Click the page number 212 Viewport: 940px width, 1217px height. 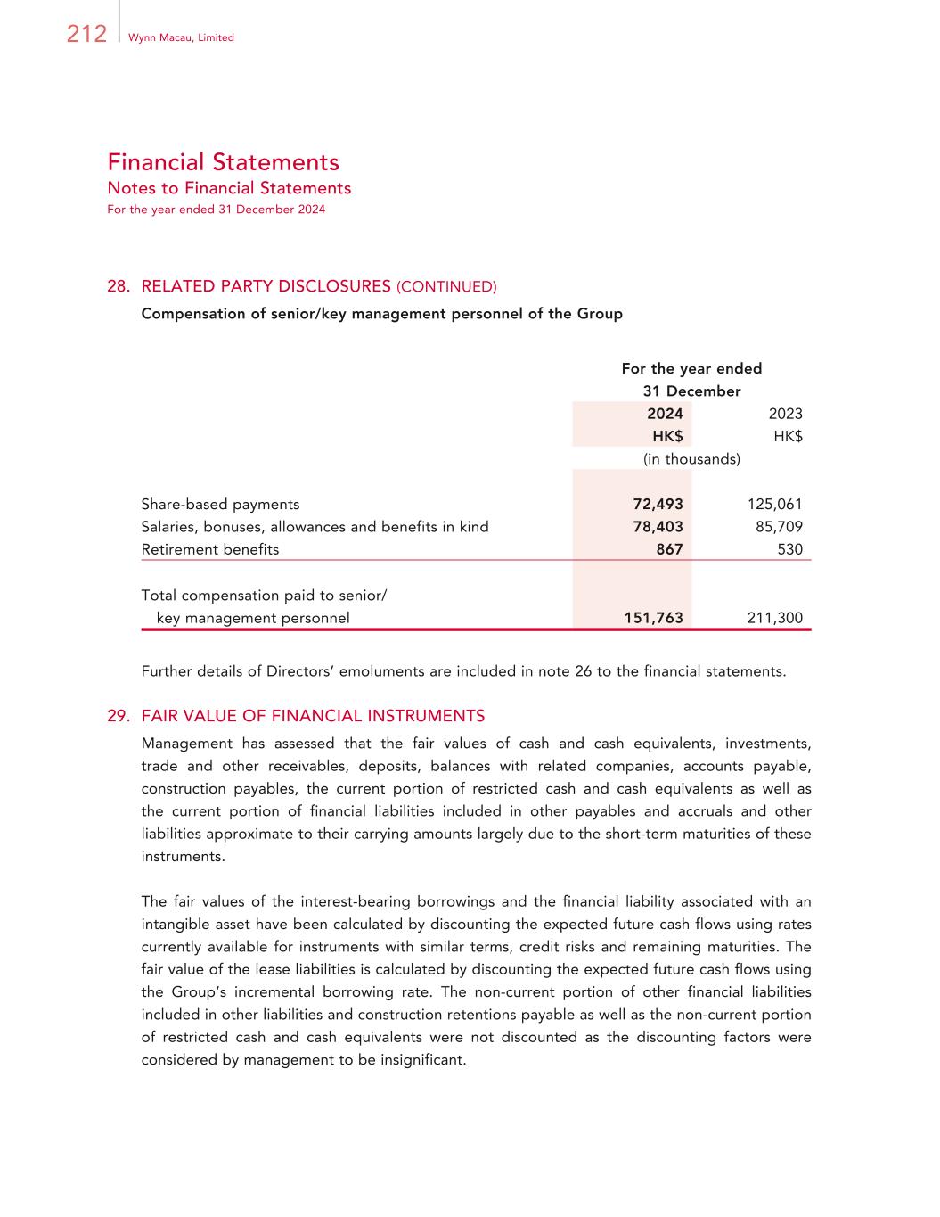click(x=86, y=34)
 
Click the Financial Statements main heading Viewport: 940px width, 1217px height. click(x=223, y=162)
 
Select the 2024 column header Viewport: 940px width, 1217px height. click(x=665, y=414)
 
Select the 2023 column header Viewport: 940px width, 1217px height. click(x=785, y=414)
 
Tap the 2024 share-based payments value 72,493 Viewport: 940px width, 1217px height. click(x=658, y=504)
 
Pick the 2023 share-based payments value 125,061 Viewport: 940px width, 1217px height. click(x=774, y=504)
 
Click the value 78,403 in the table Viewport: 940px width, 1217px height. click(x=658, y=527)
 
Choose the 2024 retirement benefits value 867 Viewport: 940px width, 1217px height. click(x=669, y=549)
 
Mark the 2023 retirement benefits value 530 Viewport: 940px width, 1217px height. click(x=789, y=549)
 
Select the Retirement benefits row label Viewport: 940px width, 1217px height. click(x=210, y=549)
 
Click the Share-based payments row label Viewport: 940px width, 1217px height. click(x=220, y=504)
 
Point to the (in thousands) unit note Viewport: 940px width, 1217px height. click(x=691, y=459)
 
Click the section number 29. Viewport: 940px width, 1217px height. click(x=119, y=716)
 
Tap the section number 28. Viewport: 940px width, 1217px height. click(x=119, y=286)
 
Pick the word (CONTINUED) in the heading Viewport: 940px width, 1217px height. click(x=446, y=287)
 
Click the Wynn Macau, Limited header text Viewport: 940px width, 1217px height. click(x=181, y=37)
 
